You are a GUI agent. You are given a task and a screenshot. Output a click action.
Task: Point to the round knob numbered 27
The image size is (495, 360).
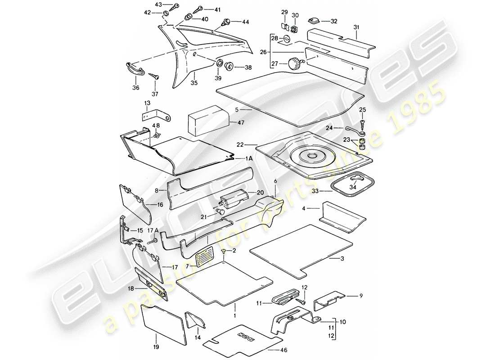296,63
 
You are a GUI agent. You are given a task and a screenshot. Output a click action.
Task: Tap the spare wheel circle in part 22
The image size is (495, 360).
310,156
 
